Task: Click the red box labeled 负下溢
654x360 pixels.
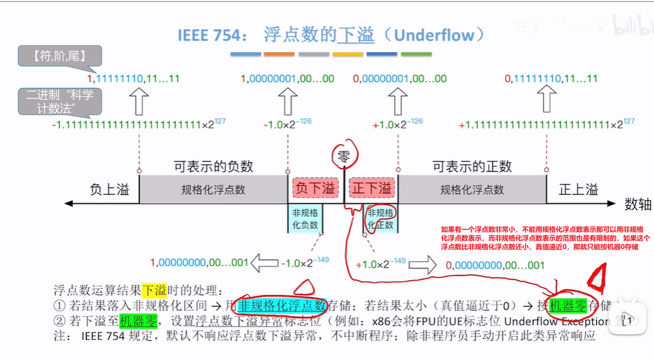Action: point(315,188)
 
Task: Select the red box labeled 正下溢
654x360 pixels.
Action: point(372,188)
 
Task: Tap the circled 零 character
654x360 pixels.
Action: point(343,155)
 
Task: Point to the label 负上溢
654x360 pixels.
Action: point(109,189)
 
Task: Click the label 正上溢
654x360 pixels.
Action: point(579,189)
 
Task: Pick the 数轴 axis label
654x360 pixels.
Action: point(637,205)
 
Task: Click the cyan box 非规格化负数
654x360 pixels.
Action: point(305,219)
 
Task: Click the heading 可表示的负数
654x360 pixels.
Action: point(213,166)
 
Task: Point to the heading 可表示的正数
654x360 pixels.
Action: point(472,166)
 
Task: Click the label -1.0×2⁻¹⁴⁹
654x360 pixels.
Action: point(305,263)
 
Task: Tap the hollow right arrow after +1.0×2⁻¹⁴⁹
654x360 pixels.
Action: point(422,265)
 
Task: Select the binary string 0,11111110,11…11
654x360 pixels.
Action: point(551,79)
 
